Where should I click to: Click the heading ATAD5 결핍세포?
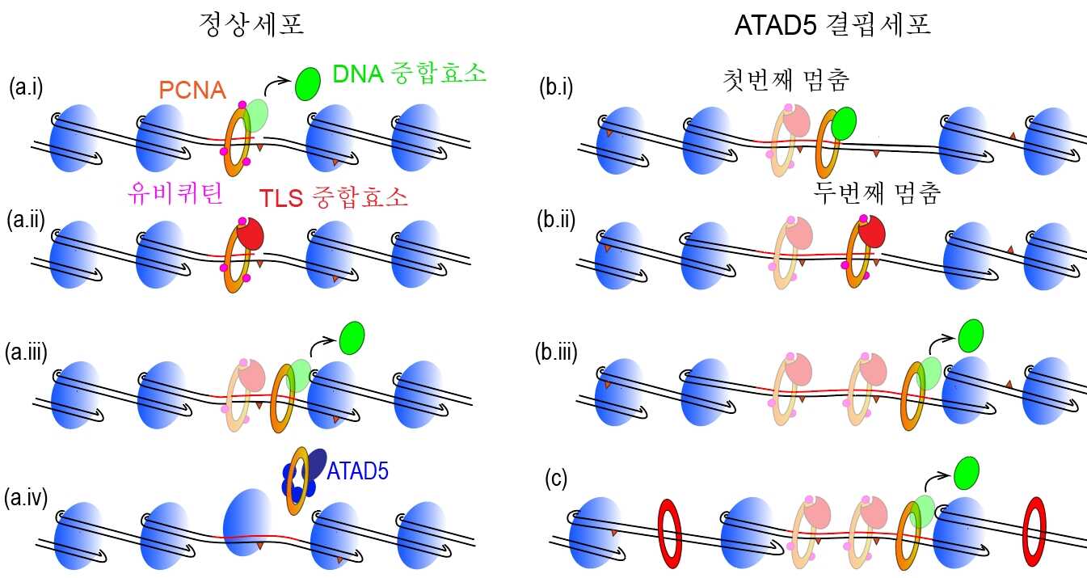click(833, 26)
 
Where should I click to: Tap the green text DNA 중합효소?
click(410, 74)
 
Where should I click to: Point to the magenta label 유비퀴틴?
click(175, 193)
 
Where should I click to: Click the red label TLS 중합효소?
click(334, 197)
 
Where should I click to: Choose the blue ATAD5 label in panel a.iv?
click(357, 470)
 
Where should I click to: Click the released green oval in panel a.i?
click(308, 83)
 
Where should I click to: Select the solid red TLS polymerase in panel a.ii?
click(251, 234)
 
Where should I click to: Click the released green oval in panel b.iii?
click(971, 335)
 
